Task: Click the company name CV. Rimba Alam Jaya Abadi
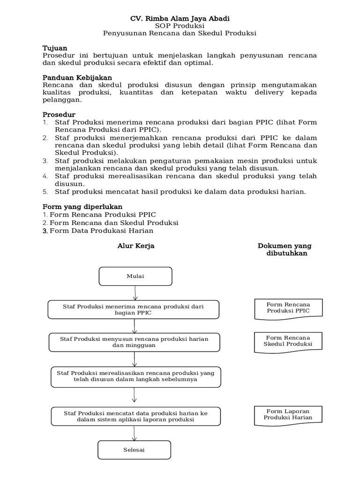(x=180, y=18)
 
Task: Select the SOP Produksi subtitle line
(x=180, y=26)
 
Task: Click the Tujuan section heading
(x=55, y=48)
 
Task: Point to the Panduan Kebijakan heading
(x=77, y=77)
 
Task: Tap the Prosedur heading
(x=59, y=114)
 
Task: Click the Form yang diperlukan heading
(x=82, y=206)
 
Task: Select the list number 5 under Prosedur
(x=45, y=192)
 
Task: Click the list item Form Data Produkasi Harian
(x=101, y=231)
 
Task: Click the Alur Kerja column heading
(x=135, y=246)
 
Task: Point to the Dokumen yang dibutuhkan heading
(x=285, y=249)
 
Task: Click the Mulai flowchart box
(x=135, y=276)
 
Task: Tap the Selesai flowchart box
(x=135, y=450)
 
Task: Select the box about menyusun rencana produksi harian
(x=134, y=342)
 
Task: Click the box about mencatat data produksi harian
(x=135, y=416)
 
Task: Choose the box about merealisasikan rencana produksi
(x=135, y=376)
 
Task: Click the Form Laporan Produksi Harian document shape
(x=288, y=414)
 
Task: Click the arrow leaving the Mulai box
(x=135, y=292)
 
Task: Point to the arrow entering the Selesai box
(x=135, y=433)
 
